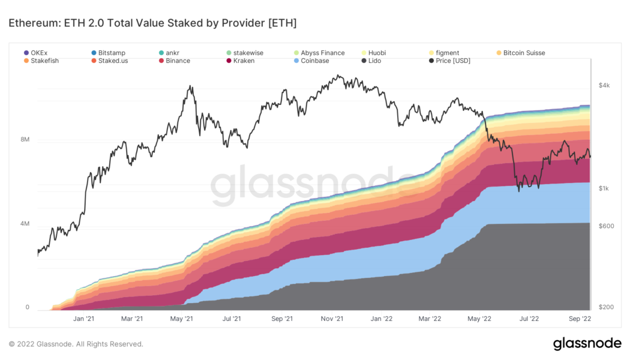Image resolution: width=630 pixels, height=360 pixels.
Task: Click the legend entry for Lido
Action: [371, 61]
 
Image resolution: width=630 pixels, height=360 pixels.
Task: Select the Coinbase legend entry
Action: [311, 61]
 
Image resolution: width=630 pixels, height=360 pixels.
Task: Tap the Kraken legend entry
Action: [239, 61]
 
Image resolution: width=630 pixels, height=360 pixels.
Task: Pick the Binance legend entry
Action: [173, 61]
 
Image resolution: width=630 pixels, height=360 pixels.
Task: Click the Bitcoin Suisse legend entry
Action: [520, 53]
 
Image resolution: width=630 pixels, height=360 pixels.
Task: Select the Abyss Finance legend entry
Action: [319, 53]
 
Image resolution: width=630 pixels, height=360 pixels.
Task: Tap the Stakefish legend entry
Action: [41, 61]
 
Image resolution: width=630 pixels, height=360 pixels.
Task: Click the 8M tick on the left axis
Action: [25, 140]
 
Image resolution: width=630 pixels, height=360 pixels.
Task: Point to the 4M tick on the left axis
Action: [25, 224]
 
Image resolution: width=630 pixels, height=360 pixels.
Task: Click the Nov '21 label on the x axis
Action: [331, 319]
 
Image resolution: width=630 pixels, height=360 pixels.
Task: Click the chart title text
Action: [152, 23]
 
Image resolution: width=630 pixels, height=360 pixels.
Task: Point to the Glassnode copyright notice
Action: [76, 344]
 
